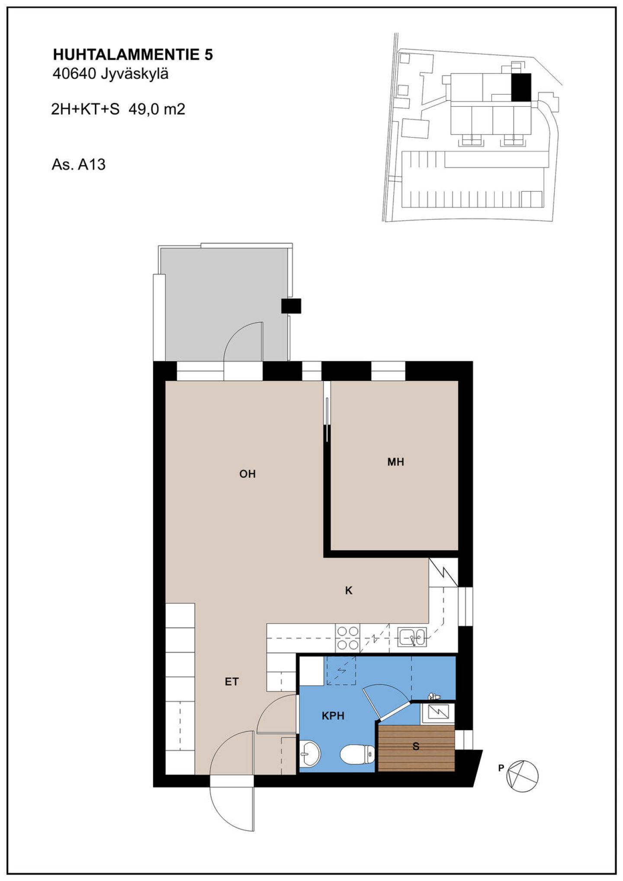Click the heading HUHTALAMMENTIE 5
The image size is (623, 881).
tap(133, 55)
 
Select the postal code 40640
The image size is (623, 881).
tap(74, 74)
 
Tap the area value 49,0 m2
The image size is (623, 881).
tap(157, 109)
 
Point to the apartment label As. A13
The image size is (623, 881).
tap(78, 165)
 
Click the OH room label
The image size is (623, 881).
tap(247, 474)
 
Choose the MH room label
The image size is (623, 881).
tap(395, 462)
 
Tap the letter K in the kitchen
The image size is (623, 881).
tap(349, 590)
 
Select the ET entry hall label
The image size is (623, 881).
tap(231, 682)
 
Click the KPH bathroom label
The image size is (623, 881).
tap(333, 716)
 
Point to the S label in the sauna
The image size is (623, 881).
tap(416, 746)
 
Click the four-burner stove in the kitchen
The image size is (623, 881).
tap(348, 638)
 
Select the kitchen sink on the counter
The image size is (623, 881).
tap(412, 637)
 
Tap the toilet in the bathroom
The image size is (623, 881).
tap(357, 755)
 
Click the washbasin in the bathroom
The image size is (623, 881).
tap(310, 753)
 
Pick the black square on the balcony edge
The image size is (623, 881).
tap(291, 306)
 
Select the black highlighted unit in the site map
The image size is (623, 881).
tap(521, 87)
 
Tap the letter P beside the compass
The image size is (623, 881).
tap(501, 768)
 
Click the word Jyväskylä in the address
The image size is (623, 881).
tap(135, 74)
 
